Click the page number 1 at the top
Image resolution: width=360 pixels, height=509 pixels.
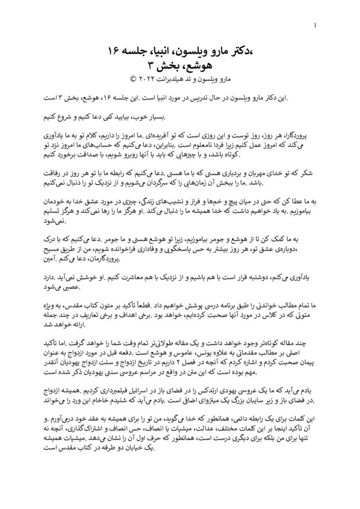316,25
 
